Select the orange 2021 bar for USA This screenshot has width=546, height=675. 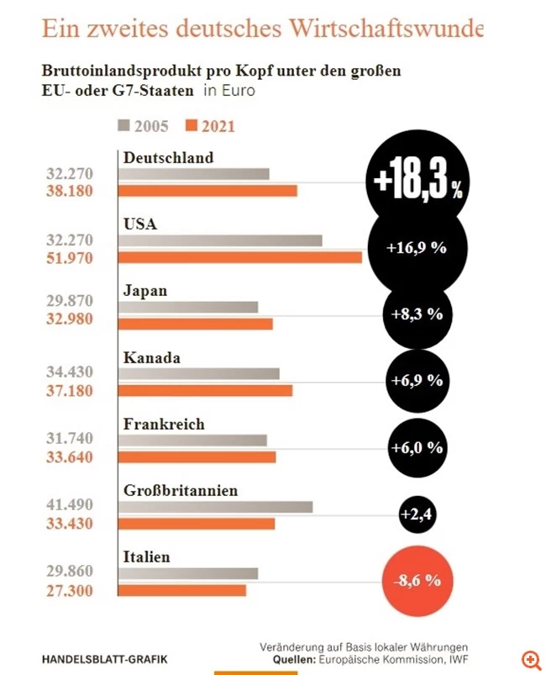(x=239, y=257)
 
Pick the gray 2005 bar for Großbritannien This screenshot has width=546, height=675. (x=215, y=507)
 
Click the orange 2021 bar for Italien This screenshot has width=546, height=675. (x=182, y=590)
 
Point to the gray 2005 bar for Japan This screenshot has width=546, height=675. (x=188, y=307)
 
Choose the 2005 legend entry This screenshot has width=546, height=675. (x=144, y=127)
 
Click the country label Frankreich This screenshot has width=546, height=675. (x=164, y=424)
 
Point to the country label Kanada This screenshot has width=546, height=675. (x=152, y=357)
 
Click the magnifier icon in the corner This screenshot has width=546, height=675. (x=530, y=658)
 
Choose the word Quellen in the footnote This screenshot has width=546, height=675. (x=296, y=661)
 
